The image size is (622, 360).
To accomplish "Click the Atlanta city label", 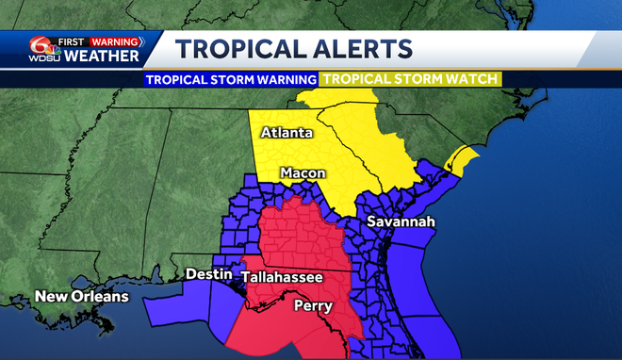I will [286, 133].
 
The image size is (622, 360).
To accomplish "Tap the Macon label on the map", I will [303, 173].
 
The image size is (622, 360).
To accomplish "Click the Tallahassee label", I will [282, 277].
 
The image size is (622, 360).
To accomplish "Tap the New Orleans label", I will [81, 298].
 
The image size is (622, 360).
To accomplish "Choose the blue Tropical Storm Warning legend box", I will [231, 79].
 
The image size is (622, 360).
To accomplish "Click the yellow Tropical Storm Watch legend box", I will [410, 79].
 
